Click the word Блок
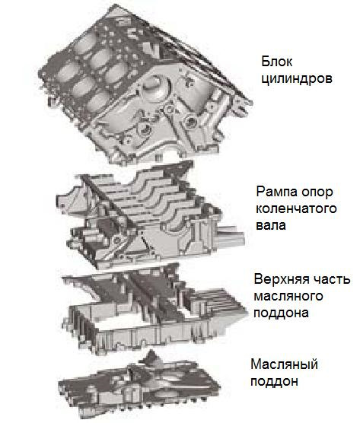click(x=277, y=62)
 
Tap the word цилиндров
click(x=297, y=79)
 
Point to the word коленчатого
click(x=296, y=208)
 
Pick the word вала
click(x=271, y=225)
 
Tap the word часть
click(x=332, y=279)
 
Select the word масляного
click(x=288, y=296)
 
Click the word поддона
click(x=281, y=313)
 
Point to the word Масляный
click(x=284, y=364)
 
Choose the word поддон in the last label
click(x=275, y=381)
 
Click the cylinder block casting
click(x=145, y=86)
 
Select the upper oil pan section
click(x=154, y=310)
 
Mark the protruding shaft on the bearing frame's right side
click(x=230, y=235)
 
